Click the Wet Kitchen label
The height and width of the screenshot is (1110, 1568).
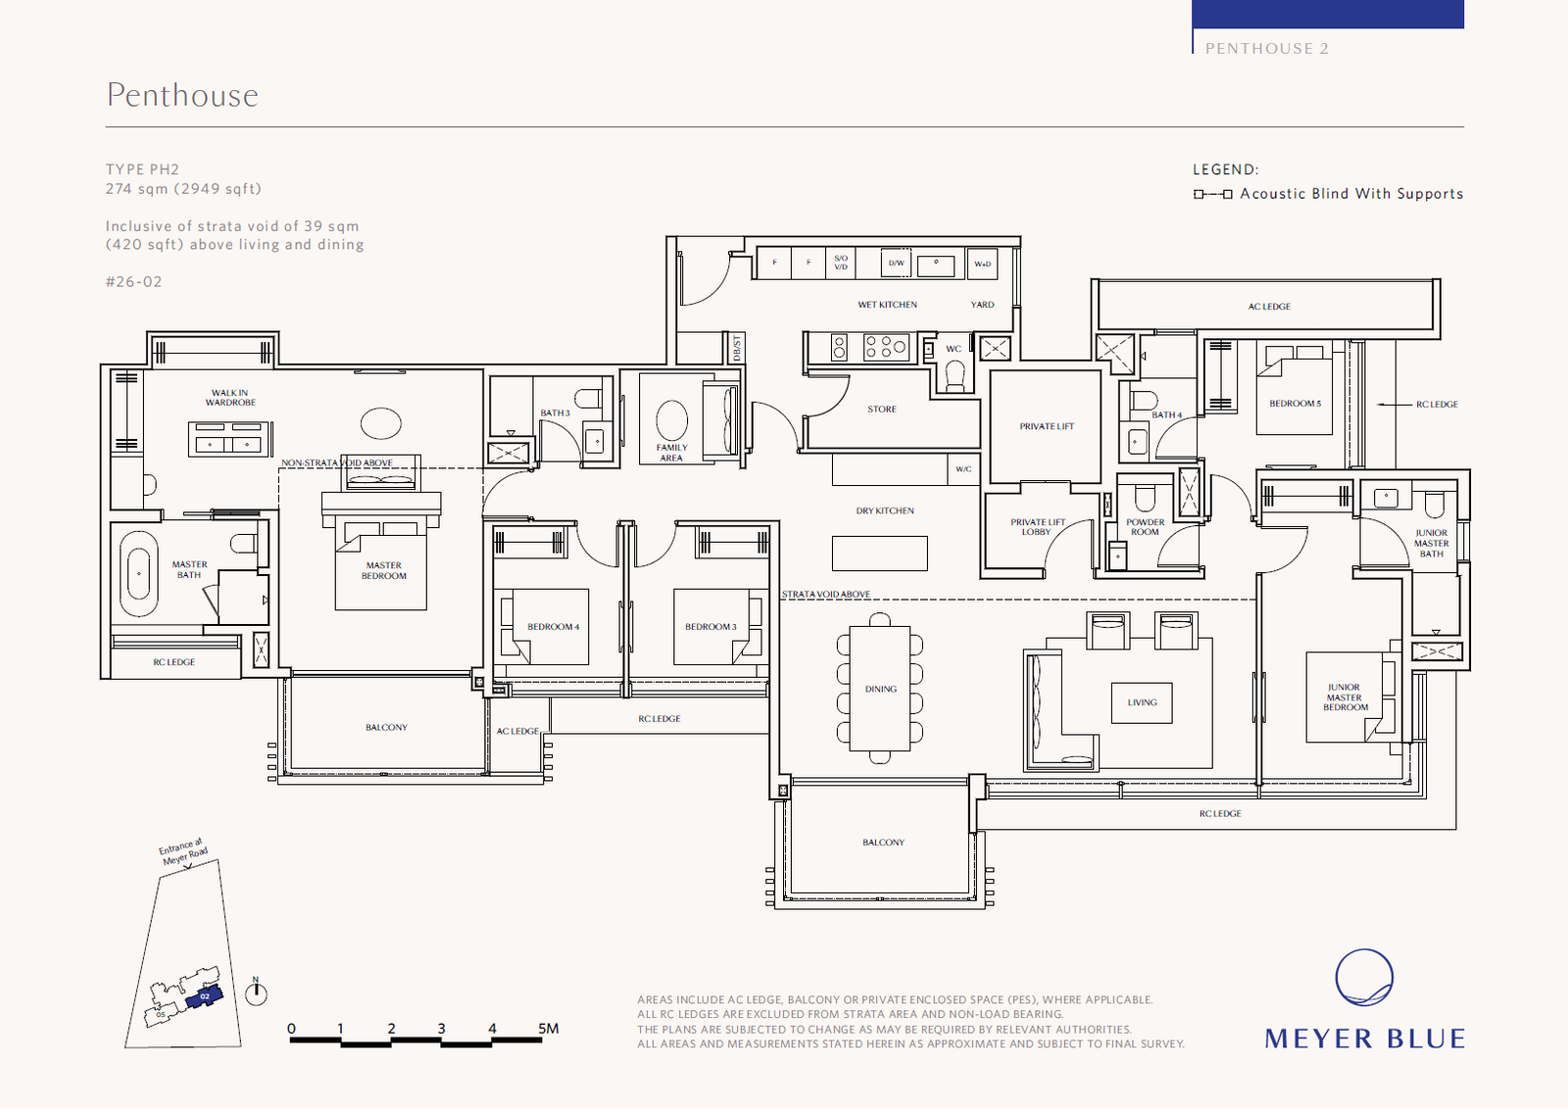tap(887, 305)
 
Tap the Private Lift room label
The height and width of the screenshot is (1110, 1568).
tap(1047, 426)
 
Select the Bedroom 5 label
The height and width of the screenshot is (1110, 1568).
tap(1295, 404)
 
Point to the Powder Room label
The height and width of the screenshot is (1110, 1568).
tap(1145, 527)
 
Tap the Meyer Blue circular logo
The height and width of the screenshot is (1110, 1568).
tap(1364, 977)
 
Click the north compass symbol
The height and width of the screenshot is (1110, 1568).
tap(256, 993)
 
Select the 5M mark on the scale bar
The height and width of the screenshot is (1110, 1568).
tap(548, 1029)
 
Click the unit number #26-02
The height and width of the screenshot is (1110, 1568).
tap(134, 282)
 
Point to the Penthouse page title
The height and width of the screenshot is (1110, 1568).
tap(182, 95)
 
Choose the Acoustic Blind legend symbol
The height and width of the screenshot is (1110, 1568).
tap(1212, 194)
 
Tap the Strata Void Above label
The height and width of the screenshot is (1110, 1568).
tap(826, 595)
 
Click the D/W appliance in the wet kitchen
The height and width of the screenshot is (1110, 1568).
tap(896, 263)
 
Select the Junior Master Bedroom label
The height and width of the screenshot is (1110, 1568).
tap(1345, 698)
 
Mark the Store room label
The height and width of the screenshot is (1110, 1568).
tap(882, 410)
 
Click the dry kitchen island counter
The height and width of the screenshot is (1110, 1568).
tap(879, 554)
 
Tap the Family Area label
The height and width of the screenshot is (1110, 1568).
tap(671, 453)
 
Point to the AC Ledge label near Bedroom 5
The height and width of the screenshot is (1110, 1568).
tap(1269, 307)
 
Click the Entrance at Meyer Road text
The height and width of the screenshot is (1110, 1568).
tap(183, 851)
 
